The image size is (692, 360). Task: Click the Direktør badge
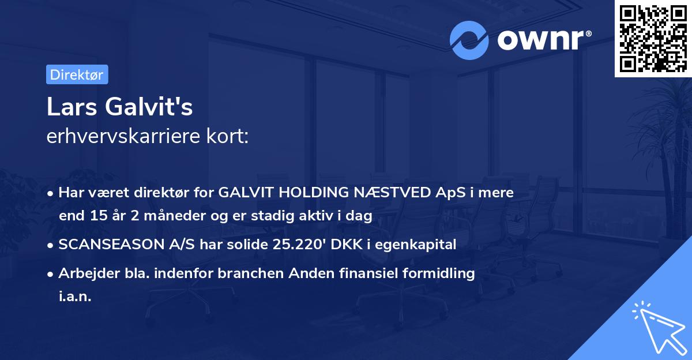(x=77, y=74)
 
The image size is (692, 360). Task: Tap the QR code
(x=653, y=38)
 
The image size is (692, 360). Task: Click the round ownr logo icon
(x=469, y=40)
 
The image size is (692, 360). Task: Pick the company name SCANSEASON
(x=106, y=245)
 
